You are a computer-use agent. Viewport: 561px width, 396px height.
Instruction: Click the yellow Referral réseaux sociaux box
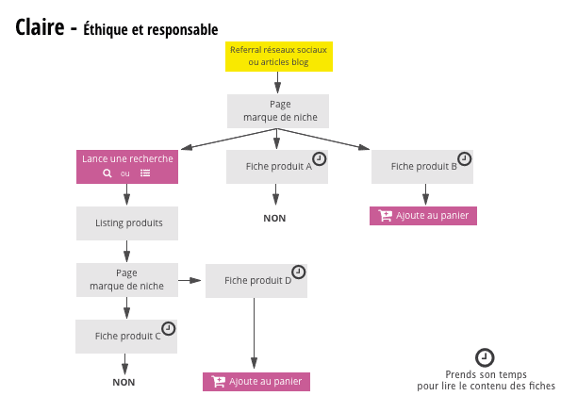278,56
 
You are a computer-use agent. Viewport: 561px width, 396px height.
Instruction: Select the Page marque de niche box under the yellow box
278,110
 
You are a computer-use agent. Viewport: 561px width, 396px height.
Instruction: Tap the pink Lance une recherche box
127,166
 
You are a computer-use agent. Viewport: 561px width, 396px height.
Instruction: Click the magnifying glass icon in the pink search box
107,173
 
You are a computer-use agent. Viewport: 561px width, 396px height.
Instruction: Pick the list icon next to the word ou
145,173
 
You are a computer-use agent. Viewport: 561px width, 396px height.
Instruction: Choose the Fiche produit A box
277,167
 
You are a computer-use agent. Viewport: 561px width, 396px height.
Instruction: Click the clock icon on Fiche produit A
319,157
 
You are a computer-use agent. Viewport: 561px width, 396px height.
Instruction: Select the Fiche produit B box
422,167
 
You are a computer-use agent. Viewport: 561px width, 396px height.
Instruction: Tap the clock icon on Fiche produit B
464,157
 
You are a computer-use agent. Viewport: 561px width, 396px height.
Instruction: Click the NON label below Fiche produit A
274,218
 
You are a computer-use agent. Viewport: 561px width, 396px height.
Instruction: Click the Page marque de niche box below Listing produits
126,279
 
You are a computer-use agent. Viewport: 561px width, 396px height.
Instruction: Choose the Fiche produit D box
256,281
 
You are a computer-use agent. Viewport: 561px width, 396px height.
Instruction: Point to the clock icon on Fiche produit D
298,272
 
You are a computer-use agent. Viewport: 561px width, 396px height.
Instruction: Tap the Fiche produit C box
126,336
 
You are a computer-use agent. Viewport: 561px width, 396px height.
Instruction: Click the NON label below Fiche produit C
124,382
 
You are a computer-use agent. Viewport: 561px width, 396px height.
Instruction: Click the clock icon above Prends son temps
485,357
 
